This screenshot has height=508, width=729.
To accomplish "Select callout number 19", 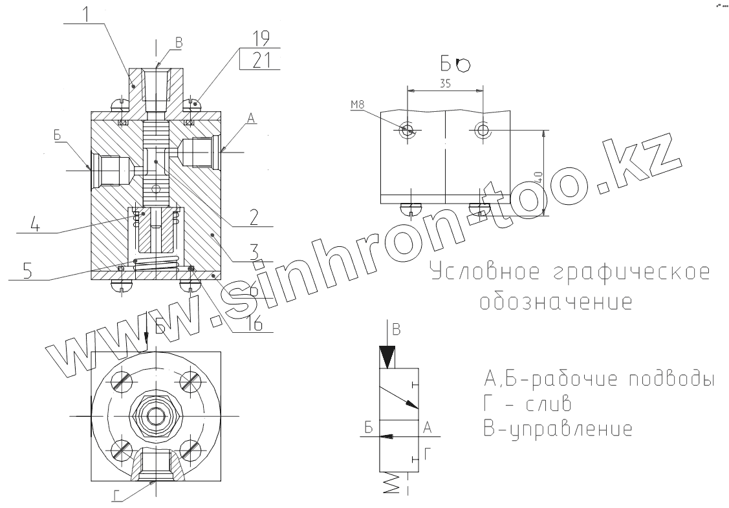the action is coord(261,38).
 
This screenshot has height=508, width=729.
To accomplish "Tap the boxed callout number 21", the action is coord(261,60).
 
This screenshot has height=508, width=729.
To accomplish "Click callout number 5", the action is coord(27,270).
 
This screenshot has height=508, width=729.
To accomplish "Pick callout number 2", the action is coord(254,217).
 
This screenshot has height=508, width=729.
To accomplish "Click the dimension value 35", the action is coord(445,83).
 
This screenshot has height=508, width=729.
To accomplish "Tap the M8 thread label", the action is coord(357,105).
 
